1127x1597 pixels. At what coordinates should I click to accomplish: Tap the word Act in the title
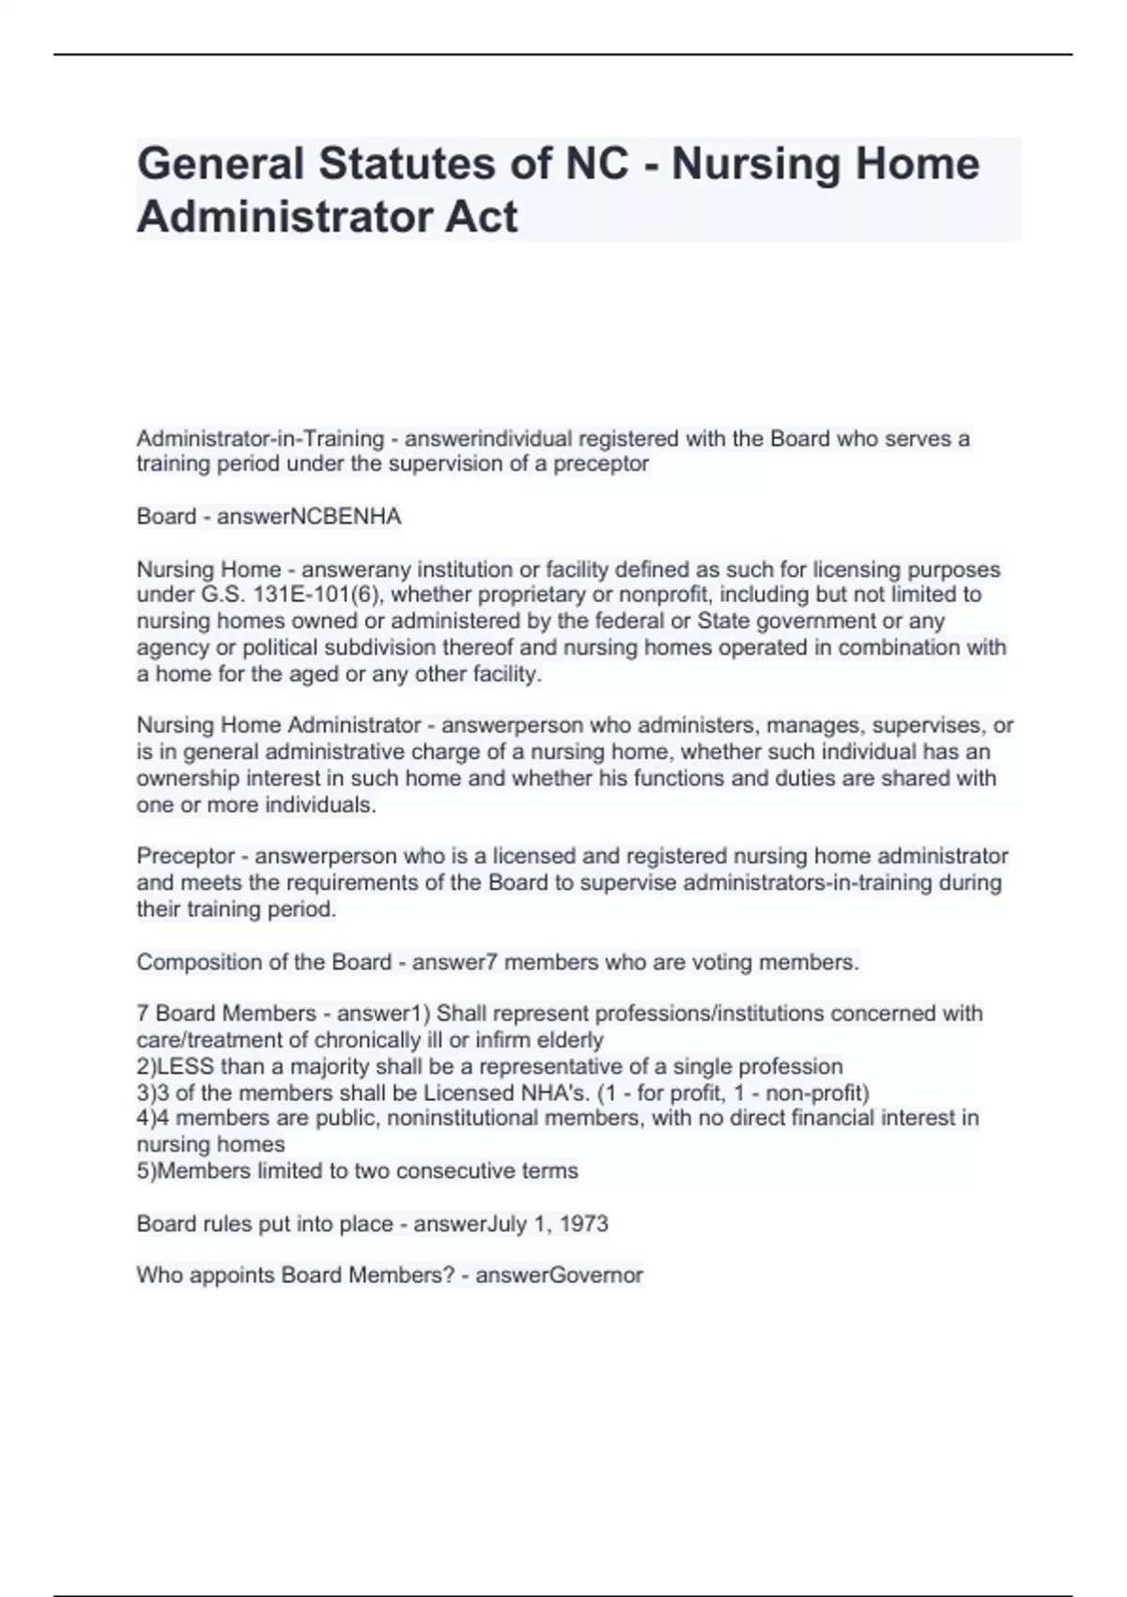click(481, 217)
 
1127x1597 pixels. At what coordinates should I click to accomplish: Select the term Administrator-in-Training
click(260, 439)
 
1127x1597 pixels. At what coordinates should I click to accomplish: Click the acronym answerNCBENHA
click(309, 517)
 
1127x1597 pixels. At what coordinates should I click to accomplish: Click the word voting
click(721, 962)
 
